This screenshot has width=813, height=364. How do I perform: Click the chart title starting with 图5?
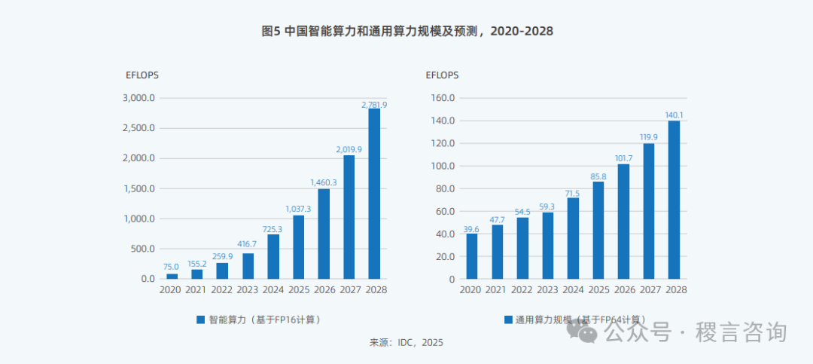406,31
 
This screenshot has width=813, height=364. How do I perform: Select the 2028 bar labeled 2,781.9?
374,194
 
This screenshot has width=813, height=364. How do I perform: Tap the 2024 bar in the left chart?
273,256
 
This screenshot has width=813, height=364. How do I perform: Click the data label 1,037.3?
298,209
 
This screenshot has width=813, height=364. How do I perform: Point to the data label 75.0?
172,267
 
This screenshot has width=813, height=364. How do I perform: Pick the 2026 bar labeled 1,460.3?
324,234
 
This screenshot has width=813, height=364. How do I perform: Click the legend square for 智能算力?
200,320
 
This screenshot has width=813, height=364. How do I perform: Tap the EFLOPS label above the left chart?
142,75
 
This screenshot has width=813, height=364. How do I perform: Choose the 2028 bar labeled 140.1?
674,200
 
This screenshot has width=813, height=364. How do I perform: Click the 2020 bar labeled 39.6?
472,256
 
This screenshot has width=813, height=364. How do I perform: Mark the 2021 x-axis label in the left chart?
196,290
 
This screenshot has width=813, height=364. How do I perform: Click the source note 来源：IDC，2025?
406,343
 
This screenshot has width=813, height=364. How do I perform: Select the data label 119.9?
649,137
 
